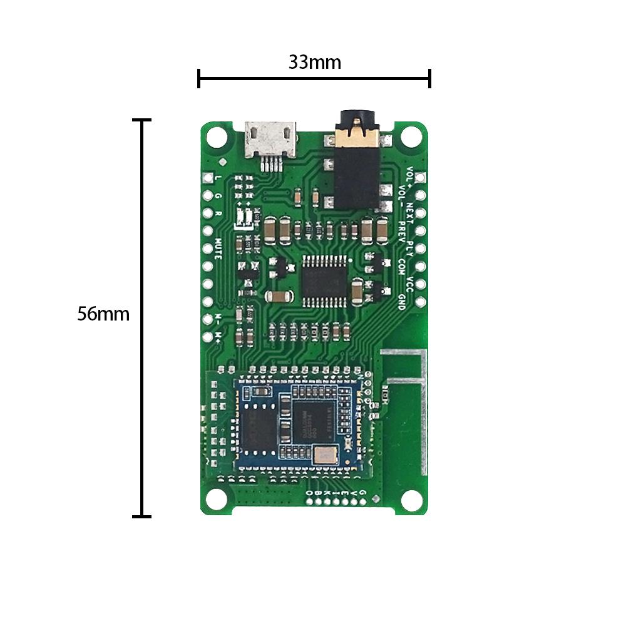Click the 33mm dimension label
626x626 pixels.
(x=314, y=63)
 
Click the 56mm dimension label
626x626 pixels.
(x=103, y=314)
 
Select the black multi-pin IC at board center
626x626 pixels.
(x=323, y=280)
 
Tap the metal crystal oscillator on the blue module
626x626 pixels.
(x=326, y=455)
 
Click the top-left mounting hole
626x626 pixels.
(x=217, y=135)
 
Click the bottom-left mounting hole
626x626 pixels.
(x=217, y=499)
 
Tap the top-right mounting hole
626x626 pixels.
(x=411, y=135)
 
